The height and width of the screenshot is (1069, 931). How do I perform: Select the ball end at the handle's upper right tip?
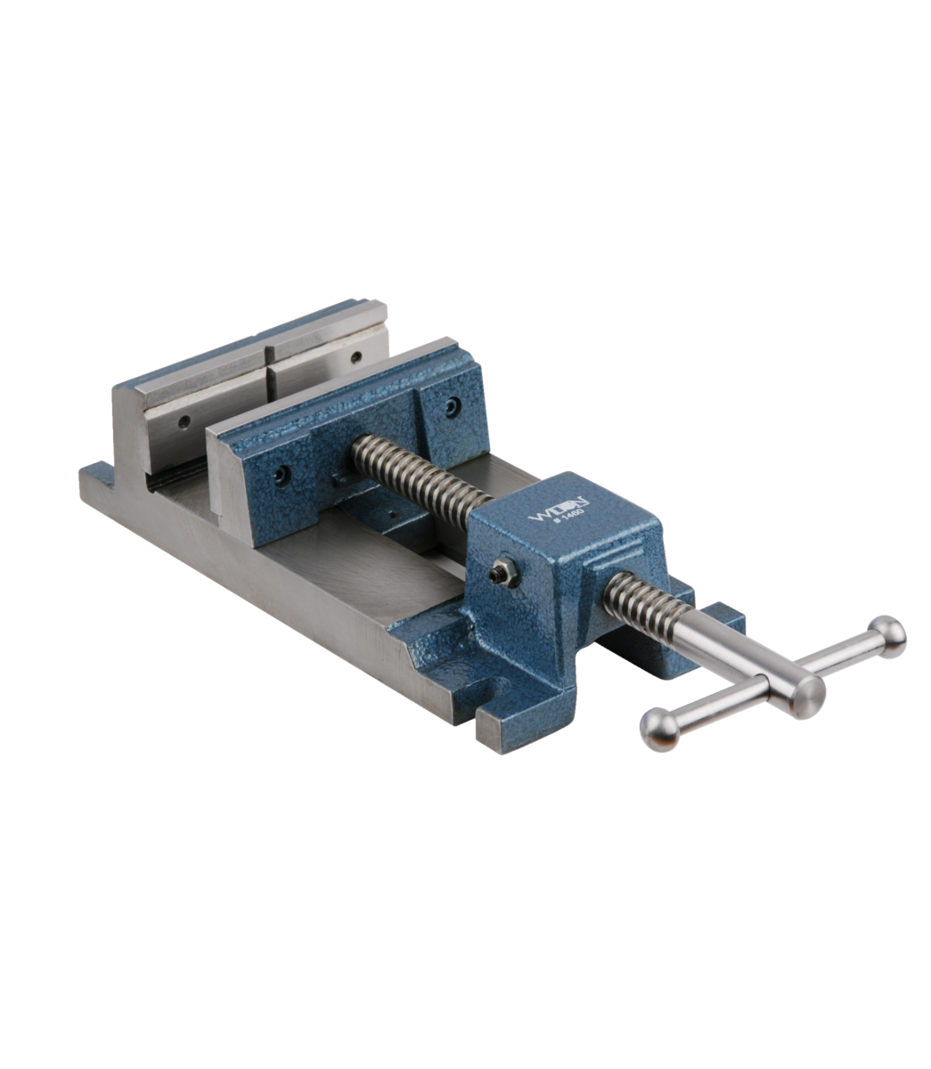coord(887,631)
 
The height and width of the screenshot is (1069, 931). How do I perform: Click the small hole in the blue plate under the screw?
coord(388,515)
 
